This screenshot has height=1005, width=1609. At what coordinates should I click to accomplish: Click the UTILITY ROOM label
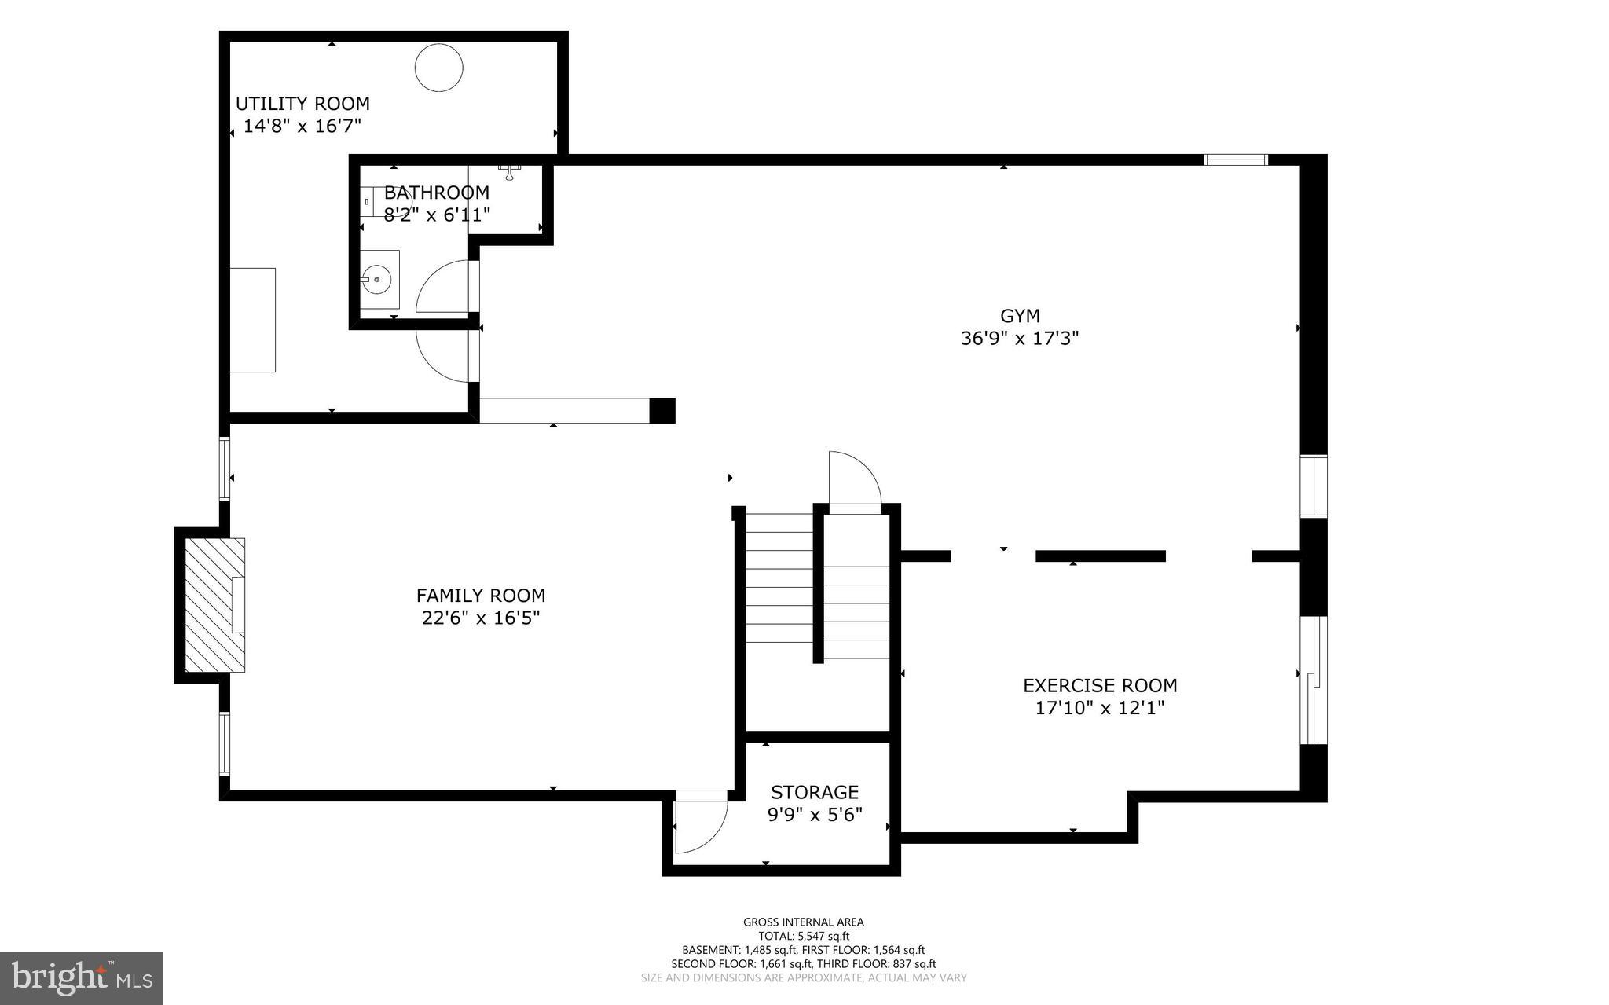click(x=302, y=104)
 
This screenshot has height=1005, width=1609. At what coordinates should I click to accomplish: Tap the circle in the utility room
click(x=438, y=68)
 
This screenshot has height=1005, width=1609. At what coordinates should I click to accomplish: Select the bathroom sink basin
click(x=377, y=277)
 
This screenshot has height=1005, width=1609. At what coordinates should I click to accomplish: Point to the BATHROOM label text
click(x=436, y=193)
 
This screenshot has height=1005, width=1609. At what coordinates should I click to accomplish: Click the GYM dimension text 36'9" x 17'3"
click(x=1020, y=339)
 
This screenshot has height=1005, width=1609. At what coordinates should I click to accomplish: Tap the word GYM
click(x=1020, y=316)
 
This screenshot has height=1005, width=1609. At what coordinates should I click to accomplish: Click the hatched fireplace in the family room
click(x=214, y=605)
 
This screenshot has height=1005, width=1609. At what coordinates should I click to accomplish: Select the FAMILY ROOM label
click(x=481, y=596)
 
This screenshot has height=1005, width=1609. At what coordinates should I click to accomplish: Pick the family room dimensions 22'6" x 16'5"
click(x=481, y=618)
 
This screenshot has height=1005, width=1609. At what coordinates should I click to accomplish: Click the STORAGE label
click(x=815, y=792)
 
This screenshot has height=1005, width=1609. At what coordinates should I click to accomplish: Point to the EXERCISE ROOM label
click(x=1100, y=686)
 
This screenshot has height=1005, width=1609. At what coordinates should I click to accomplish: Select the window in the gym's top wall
click(x=1236, y=160)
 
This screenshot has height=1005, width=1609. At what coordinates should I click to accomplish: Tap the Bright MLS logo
click(x=82, y=978)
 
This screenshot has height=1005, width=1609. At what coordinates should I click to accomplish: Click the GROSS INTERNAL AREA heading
click(x=804, y=922)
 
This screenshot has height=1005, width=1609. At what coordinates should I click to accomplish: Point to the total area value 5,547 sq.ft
click(x=822, y=937)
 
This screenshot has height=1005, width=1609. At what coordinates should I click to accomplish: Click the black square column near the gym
click(x=662, y=411)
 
